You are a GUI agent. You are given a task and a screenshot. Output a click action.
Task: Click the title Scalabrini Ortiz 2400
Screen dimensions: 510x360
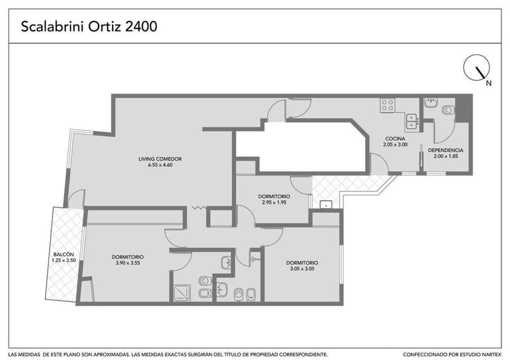click(89, 26)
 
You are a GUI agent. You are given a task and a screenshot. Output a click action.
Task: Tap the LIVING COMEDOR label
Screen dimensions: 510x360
click(160, 159)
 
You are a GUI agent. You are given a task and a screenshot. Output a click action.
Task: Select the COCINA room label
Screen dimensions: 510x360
click(395, 138)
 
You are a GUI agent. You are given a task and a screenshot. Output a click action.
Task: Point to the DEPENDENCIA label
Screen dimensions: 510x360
click(445, 150)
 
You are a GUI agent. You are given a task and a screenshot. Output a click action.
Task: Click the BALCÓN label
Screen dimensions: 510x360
click(64, 254)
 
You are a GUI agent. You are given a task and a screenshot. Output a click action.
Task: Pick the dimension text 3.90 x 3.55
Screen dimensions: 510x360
click(128, 263)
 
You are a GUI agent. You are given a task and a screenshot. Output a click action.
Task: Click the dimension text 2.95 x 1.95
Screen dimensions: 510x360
click(274, 202)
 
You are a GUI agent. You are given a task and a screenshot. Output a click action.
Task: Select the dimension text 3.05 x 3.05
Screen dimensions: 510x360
click(302, 269)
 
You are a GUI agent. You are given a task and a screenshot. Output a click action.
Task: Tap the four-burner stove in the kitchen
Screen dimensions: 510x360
click(387, 105)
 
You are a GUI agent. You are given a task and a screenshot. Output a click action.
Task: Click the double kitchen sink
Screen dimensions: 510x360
click(412, 121)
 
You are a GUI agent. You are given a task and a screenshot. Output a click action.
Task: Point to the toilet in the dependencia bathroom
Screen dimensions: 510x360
click(448, 110)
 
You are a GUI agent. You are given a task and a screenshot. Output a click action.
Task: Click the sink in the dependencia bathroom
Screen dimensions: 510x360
click(432, 103)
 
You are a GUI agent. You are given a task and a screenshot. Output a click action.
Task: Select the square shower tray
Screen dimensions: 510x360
click(182, 293)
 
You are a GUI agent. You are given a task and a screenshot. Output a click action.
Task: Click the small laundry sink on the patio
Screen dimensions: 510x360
click(326, 204)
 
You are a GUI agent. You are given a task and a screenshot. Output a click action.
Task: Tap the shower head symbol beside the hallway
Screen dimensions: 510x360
click(254, 259)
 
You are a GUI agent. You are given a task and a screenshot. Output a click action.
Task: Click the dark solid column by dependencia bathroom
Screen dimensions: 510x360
click(463, 109)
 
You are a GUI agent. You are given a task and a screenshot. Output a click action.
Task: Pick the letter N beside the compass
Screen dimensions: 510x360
click(488, 83)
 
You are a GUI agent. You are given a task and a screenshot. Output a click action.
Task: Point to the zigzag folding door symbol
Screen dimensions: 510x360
click(199, 207)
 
